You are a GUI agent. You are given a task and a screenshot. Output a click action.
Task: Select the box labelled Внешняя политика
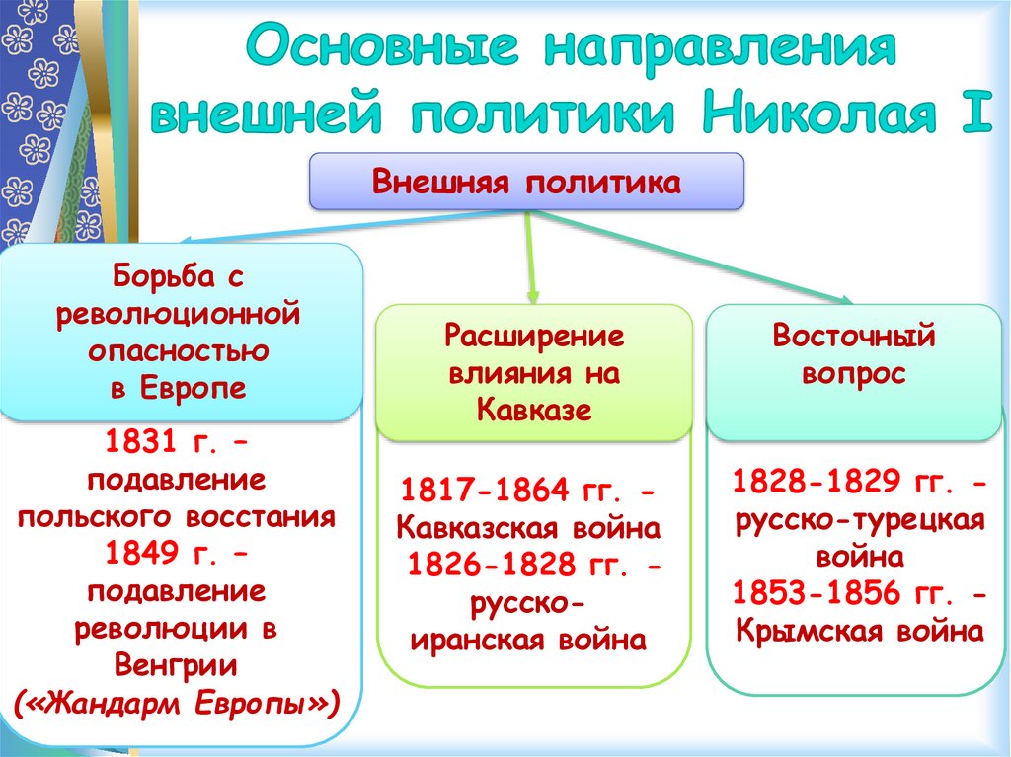[526, 182]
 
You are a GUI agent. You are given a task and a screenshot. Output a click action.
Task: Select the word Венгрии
[177, 664]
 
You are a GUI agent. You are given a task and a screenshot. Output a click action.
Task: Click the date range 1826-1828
[494, 565]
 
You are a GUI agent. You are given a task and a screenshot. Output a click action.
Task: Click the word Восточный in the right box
[854, 337]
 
